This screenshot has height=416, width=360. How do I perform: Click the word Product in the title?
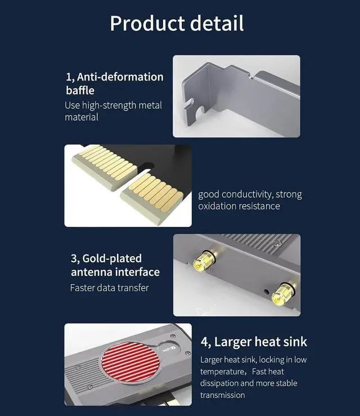point(147,23)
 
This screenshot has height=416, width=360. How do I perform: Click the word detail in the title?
point(217,23)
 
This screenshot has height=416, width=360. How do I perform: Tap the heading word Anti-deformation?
point(120,77)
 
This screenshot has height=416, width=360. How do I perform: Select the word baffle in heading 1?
point(80,90)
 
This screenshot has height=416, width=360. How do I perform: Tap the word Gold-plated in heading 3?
point(112,259)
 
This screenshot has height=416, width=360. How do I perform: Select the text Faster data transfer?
point(109,288)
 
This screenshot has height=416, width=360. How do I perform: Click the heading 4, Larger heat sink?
point(254,342)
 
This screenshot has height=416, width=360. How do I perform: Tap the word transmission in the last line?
point(222,395)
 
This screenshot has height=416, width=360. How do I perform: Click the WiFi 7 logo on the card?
point(169,349)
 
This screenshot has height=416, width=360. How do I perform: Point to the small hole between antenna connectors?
point(267,292)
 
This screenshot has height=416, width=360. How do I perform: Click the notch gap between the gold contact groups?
point(145,168)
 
